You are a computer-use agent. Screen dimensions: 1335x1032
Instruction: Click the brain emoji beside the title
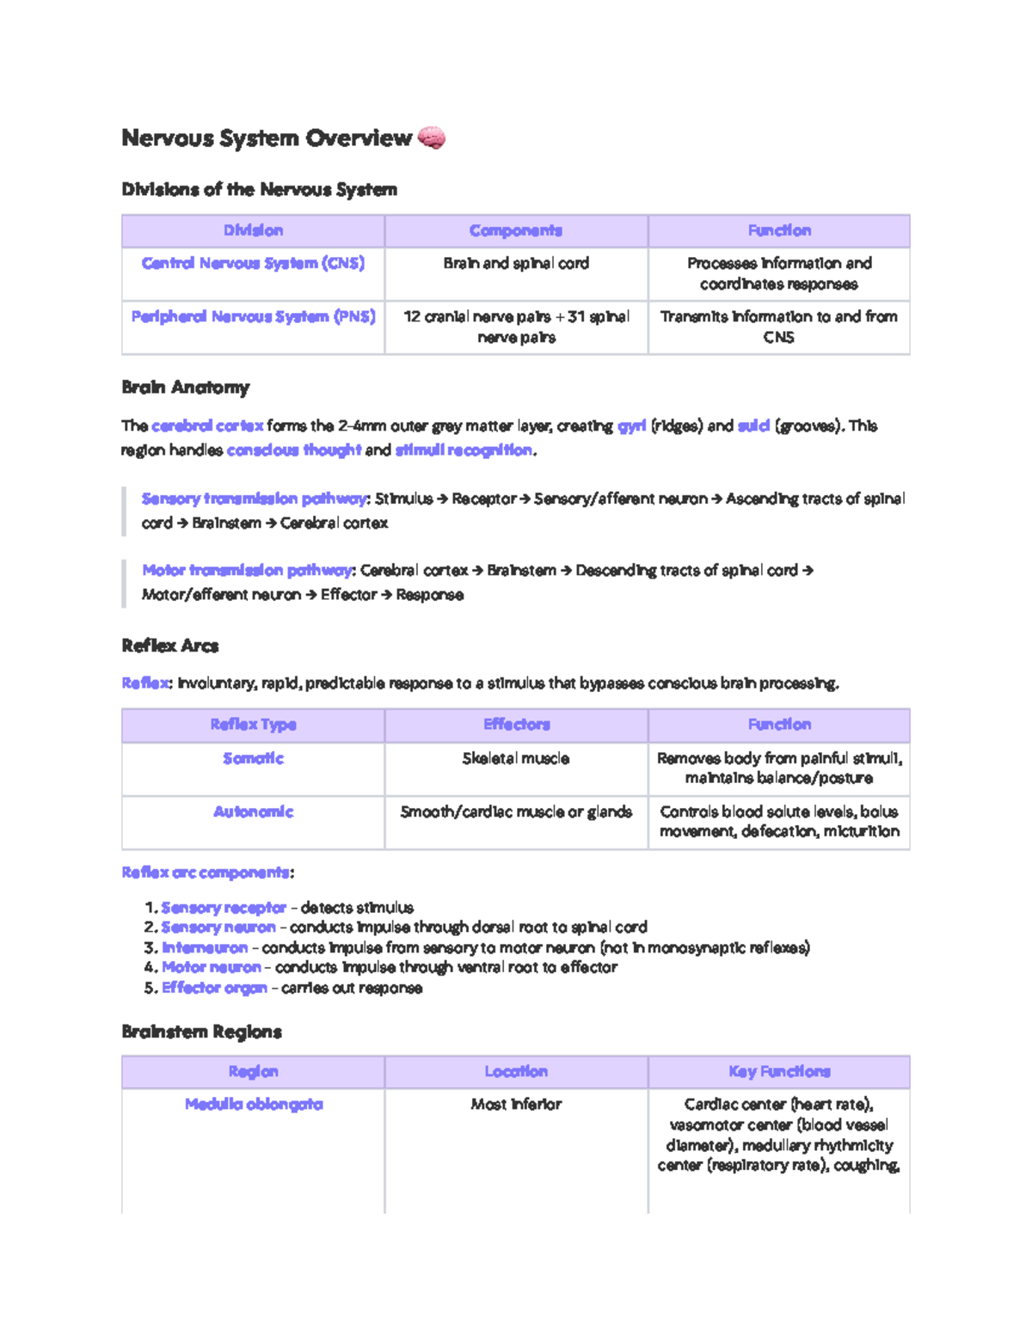coord(431,138)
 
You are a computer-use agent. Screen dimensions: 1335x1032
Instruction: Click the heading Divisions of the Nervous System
coord(259,189)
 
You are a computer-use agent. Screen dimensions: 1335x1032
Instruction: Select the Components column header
coord(516,230)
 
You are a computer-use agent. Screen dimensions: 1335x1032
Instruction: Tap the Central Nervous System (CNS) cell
coord(253,263)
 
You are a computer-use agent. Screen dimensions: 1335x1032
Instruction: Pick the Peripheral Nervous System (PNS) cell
coord(253,316)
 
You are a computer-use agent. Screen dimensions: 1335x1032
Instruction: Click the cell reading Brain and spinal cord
coord(516,263)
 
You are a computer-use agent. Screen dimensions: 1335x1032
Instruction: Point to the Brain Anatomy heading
coord(185,387)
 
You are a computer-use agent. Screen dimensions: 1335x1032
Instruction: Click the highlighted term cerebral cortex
coord(207,426)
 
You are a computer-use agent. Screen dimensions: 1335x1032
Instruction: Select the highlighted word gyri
coord(631,426)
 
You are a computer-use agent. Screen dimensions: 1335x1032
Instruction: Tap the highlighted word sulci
coord(752,426)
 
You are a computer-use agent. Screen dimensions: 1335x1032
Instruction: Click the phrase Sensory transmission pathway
coord(254,499)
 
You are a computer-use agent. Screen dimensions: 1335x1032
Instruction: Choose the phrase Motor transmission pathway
coord(247,570)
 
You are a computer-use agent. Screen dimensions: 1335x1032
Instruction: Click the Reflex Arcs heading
coord(169,646)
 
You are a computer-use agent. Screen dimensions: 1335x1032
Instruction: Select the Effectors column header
coord(516,725)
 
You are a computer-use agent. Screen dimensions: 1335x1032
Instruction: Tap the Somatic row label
coord(253,758)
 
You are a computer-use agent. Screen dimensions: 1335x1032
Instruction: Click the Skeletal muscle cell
coord(516,758)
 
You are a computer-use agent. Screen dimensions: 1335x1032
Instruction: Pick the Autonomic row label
coord(253,811)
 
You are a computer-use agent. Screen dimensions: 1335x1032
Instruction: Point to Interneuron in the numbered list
coord(205,947)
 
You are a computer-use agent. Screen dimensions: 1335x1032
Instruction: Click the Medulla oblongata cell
coord(254,1104)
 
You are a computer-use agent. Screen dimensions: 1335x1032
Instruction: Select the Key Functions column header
coord(779,1071)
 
